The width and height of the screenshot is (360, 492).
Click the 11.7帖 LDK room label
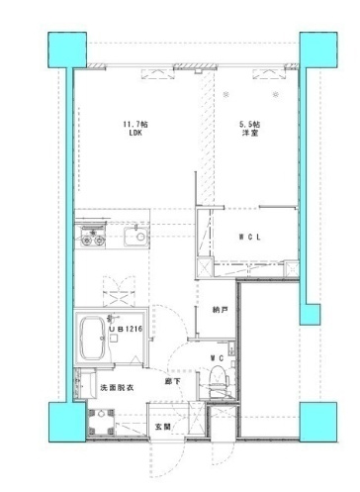[135, 129]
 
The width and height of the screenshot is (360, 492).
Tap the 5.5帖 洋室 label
[249, 129]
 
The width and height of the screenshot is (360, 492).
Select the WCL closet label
[250, 237]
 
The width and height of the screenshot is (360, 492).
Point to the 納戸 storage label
[221, 310]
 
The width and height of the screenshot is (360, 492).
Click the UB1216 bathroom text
[126, 329]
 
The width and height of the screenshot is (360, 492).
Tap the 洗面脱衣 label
[117, 388]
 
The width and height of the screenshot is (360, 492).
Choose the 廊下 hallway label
[173, 381]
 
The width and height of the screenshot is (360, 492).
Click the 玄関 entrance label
[163, 427]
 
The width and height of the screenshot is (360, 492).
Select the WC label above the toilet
[218, 358]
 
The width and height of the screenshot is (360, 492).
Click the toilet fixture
[218, 380]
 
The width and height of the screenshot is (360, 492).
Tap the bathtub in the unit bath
[92, 338]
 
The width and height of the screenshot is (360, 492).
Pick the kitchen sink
[136, 237]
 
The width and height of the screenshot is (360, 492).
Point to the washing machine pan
[101, 423]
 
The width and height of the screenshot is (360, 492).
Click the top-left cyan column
[67, 49]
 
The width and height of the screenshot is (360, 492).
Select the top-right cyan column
[318, 49]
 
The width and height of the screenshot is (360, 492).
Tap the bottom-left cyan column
[67, 422]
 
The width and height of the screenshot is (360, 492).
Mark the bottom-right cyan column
[318, 422]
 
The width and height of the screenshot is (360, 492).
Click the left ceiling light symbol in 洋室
[225, 95]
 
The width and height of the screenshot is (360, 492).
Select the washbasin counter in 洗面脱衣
[84, 384]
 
